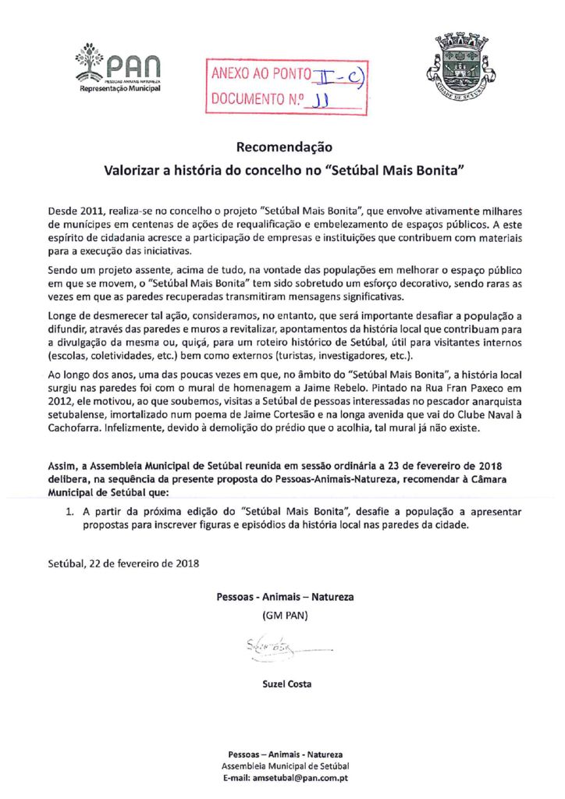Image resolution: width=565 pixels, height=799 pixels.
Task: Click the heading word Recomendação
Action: [284, 147]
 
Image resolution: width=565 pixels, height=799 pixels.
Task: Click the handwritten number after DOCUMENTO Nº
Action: [321, 100]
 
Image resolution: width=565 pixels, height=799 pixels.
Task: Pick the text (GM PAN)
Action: [285, 616]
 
